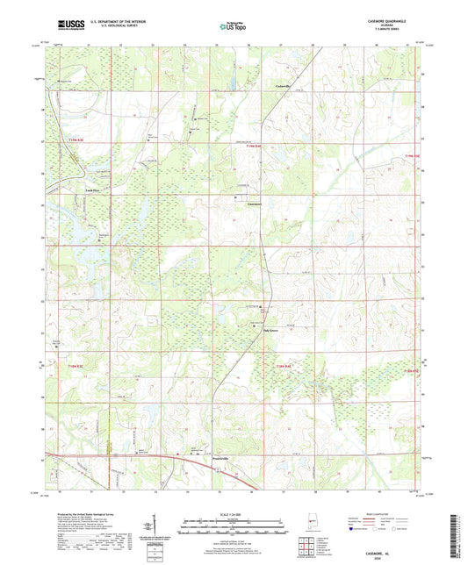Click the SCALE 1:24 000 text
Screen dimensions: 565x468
tap(230, 513)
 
